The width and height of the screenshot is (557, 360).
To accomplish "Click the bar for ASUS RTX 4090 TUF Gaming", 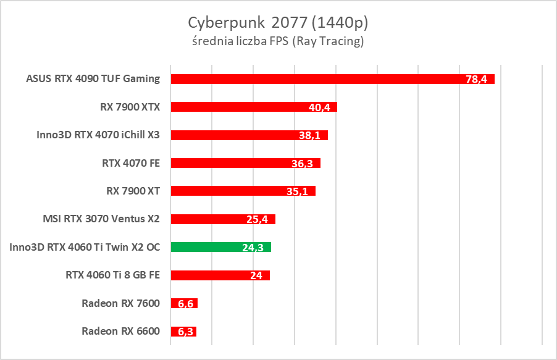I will [309, 78].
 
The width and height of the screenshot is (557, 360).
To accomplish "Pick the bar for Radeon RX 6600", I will [183, 332].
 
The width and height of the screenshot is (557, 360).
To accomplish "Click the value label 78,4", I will [477, 79].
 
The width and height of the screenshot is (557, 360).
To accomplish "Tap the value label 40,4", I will [320, 107].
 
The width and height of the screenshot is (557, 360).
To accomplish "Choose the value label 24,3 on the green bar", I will [254, 248].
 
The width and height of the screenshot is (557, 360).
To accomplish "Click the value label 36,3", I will [303, 164].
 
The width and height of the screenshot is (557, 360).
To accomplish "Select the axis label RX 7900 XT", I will [133, 191].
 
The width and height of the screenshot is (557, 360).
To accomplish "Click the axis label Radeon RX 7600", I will [120, 303].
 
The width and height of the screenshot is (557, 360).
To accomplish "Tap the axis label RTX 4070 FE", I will [131, 163].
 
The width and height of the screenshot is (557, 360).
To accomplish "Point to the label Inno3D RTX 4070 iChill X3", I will [98, 135].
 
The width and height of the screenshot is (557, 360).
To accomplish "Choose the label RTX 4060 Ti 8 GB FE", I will [113, 275].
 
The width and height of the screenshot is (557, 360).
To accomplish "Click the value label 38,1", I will [310, 135].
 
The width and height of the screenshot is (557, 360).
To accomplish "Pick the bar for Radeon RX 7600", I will [184, 303].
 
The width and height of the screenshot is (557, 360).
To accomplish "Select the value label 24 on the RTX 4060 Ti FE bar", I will [256, 276].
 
